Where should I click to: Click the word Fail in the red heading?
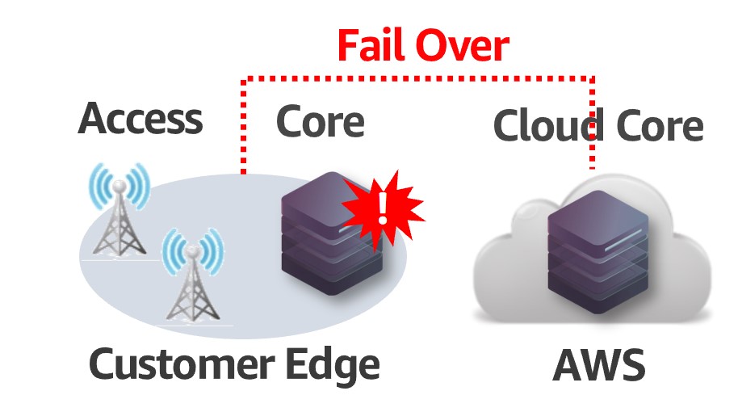tap(374, 46)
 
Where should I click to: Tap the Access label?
tap(140, 120)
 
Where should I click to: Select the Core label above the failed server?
tap(320, 122)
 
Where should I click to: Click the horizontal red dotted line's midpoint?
tap(418, 79)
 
